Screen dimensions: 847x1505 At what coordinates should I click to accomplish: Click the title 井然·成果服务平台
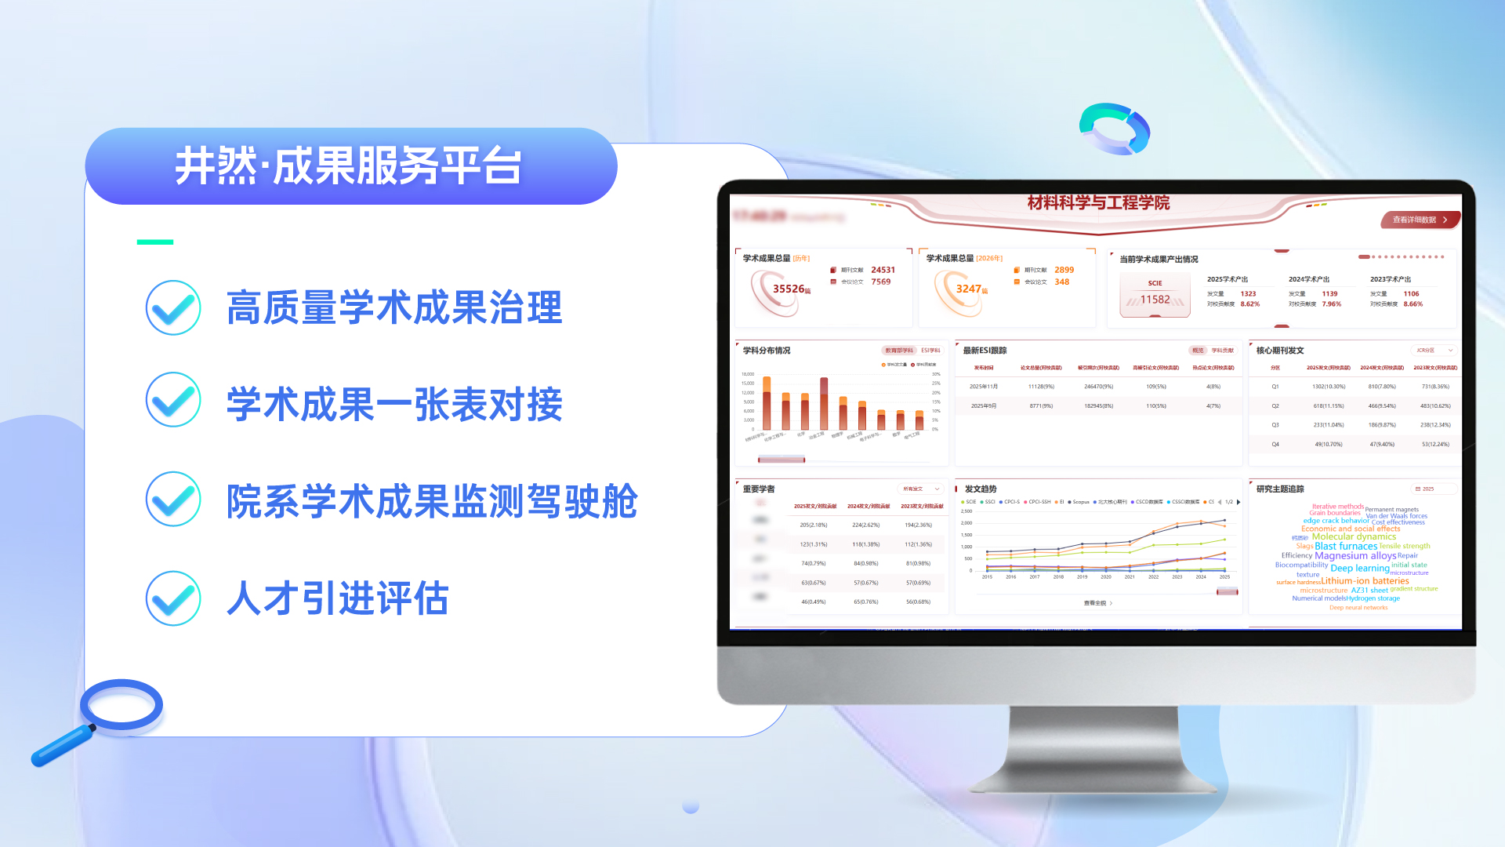(x=348, y=166)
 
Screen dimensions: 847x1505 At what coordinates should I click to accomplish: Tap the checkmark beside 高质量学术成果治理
(x=173, y=307)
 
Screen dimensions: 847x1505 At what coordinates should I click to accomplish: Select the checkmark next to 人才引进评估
(x=173, y=598)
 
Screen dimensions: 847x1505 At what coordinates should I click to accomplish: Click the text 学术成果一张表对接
(x=394, y=405)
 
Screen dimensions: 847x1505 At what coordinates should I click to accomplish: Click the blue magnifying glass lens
(x=121, y=704)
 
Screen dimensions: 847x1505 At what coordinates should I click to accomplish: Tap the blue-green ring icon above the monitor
(x=1114, y=129)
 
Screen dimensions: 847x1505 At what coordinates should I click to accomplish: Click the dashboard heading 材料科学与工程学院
(x=1098, y=203)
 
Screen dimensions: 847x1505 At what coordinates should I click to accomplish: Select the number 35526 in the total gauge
(x=789, y=289)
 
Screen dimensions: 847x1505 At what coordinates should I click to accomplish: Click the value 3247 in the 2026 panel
(x=969, y=289)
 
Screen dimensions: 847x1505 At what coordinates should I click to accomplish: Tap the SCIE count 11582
(x=1155, y=300)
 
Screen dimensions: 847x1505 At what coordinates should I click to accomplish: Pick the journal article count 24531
(x=883, y=270)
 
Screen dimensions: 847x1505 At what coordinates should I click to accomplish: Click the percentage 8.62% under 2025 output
(x=1250, y=304)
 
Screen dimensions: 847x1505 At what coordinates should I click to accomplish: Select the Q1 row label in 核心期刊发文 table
(x=1275, y=387)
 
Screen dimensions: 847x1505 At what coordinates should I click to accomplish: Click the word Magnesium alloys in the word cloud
(x=1355, y=556)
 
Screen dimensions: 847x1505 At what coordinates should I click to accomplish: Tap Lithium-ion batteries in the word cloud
(x=1365, y=581)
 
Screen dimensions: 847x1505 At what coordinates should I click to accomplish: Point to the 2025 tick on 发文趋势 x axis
(x=1224, y=576)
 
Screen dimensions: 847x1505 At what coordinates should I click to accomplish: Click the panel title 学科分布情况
(x=767, y=351)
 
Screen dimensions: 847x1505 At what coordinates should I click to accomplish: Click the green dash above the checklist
(x=155, y=242)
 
